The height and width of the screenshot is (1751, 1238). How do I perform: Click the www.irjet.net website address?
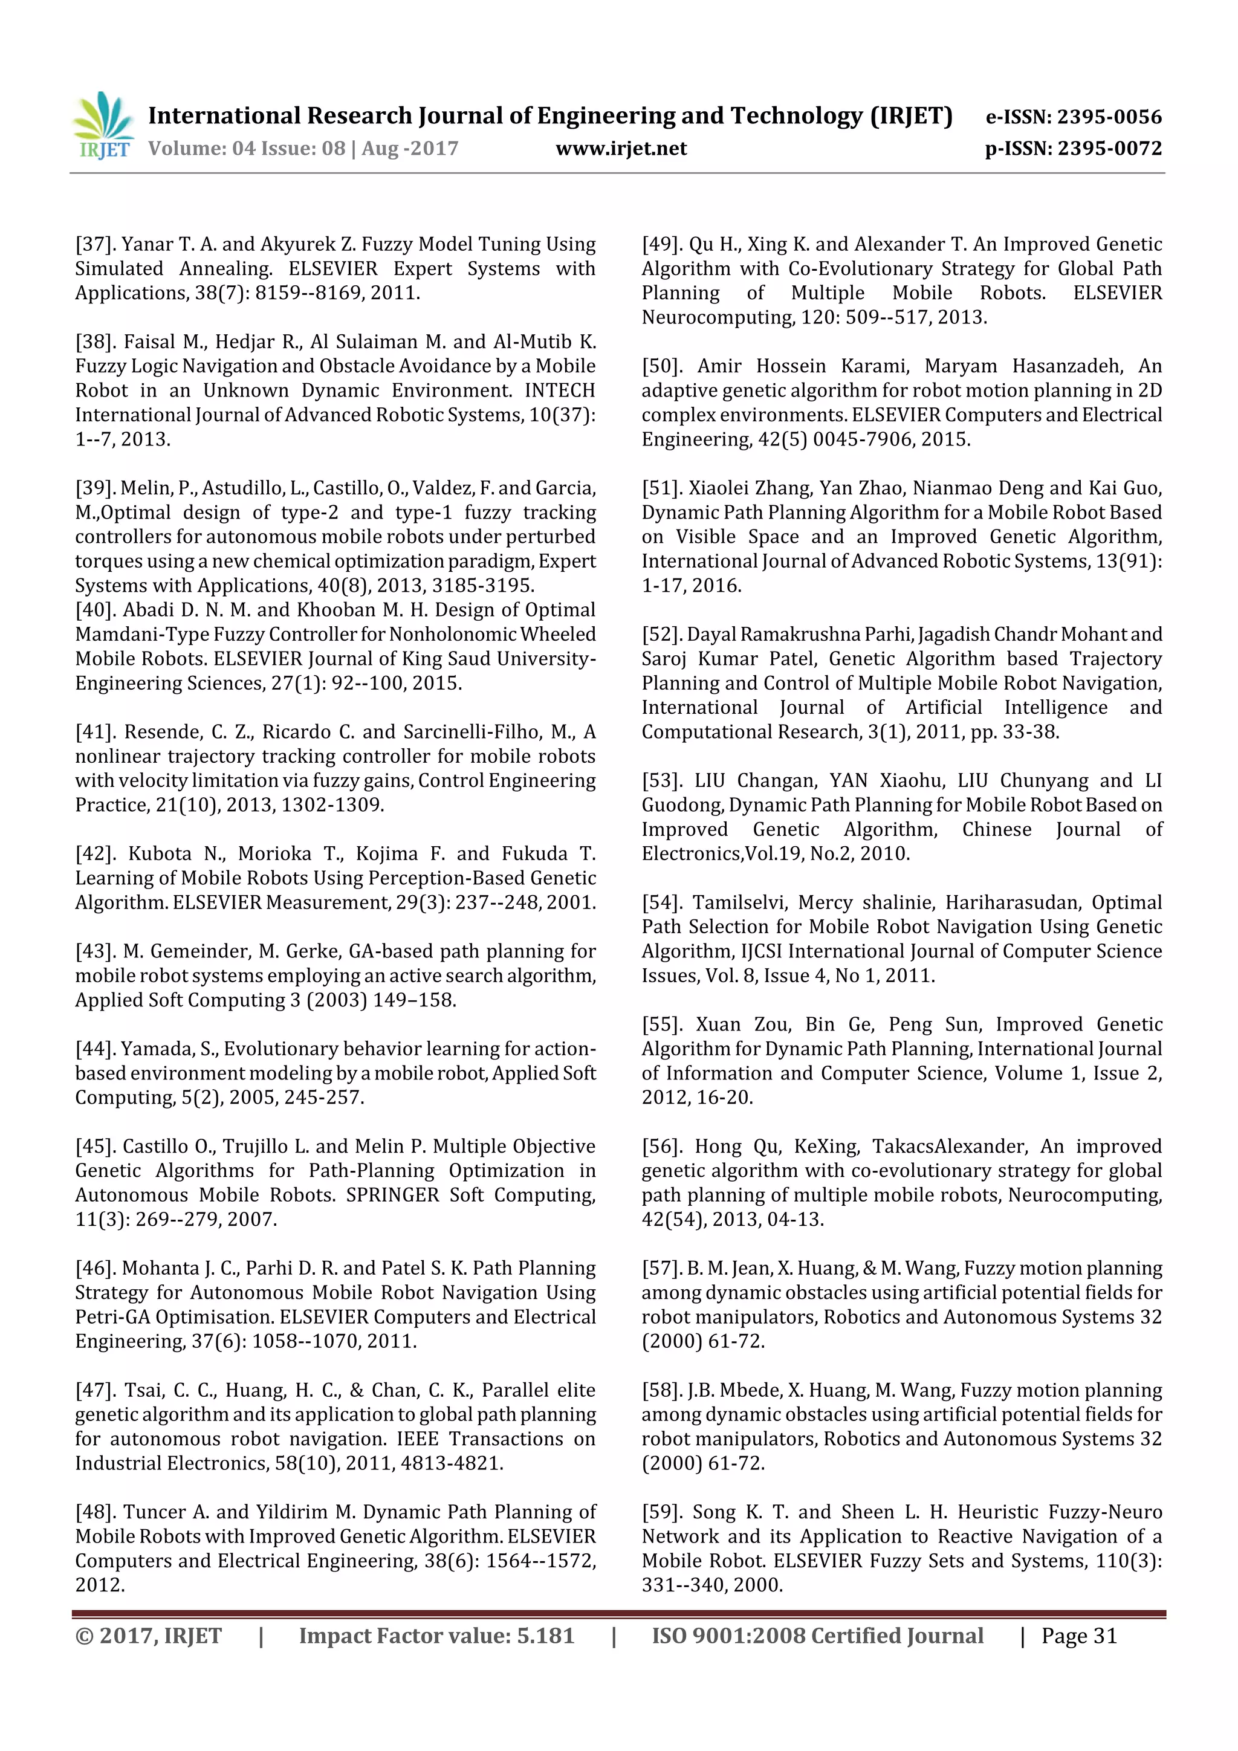621,149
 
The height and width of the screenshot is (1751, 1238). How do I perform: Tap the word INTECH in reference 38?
559,390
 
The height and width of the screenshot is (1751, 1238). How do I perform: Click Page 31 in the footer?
1078,1636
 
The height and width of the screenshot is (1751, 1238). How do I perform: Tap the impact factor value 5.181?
545,1636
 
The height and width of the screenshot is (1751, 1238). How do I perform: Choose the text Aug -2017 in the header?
410,149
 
